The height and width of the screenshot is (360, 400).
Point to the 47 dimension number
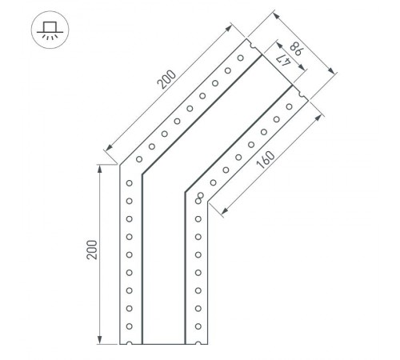(x=282, y=57)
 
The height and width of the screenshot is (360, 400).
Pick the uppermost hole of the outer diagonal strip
(x=240, y=59)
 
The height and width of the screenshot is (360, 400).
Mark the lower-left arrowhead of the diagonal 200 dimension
(x=107, y=149)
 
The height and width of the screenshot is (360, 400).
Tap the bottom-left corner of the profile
(x=120, y=343)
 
